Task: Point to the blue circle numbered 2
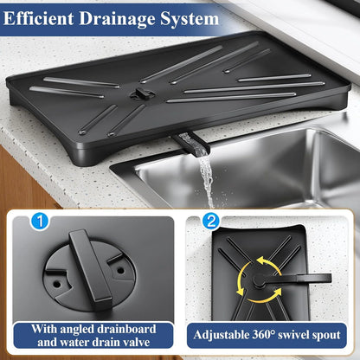click(x=210, y=222)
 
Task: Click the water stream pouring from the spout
click(x=205, y=177)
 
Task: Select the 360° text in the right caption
click(x=278, y=335)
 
